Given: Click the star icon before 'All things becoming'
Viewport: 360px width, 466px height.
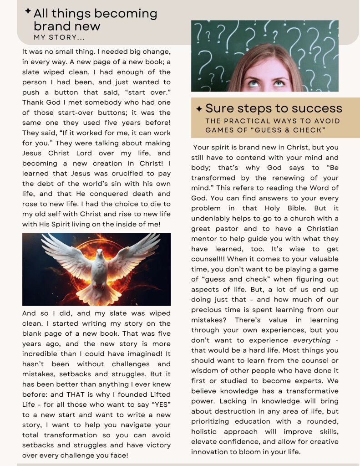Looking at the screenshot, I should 28,10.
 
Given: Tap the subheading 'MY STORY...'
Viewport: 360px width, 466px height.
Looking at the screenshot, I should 59,37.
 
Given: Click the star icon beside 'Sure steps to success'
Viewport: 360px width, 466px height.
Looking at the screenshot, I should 199,109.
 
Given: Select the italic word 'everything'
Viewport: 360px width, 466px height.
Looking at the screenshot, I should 312,340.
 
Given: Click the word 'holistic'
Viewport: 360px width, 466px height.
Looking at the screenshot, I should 205,431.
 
